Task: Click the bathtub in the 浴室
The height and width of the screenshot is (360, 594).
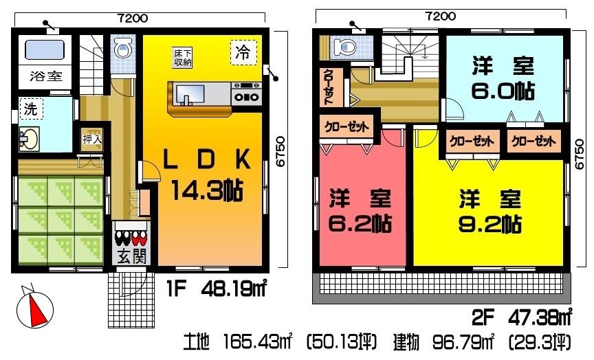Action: point(44,49)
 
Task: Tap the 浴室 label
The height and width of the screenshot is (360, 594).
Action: point(45,76)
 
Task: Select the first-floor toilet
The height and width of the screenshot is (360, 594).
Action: point(123,48)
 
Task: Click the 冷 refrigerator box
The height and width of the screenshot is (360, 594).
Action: point(243,52)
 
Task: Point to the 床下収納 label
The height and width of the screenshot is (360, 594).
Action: point(182,58)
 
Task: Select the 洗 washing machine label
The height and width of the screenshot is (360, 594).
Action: point(30,109)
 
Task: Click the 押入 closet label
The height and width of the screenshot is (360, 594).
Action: point(92,139)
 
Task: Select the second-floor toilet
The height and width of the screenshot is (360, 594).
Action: point(342,47)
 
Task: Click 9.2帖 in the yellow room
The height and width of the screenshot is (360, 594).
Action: point(489,223)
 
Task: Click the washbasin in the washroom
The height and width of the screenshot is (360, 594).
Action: point(28,139)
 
